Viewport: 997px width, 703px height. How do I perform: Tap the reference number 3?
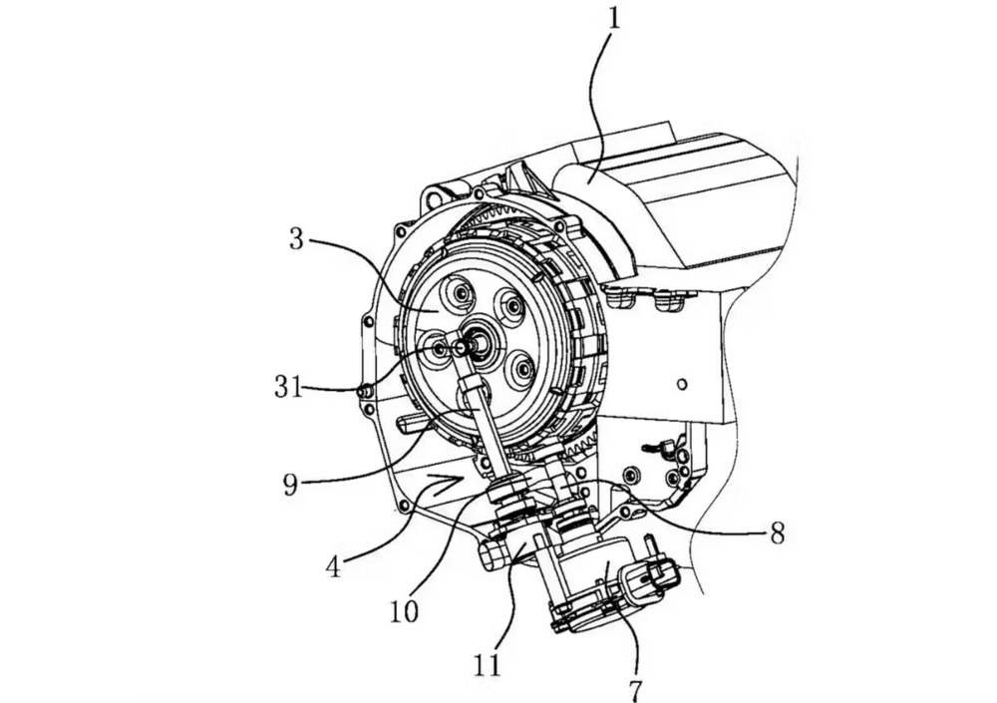tap(296, 239)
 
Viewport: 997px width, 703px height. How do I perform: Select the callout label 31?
tap(289, 386)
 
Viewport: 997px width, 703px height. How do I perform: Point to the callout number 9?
tap(290, 486)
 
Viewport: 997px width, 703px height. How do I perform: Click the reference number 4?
tap(333, 566)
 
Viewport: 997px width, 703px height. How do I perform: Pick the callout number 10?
tap(404, 610)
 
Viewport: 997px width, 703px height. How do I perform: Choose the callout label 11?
tap(488, 665)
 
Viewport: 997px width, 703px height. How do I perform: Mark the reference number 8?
tap(777, 533)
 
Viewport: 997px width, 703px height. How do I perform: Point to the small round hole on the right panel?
tap(682, 384)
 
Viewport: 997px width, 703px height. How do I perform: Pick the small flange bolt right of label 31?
tap(364, 393)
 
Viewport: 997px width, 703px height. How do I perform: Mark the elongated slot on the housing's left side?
tap(415, 423)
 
